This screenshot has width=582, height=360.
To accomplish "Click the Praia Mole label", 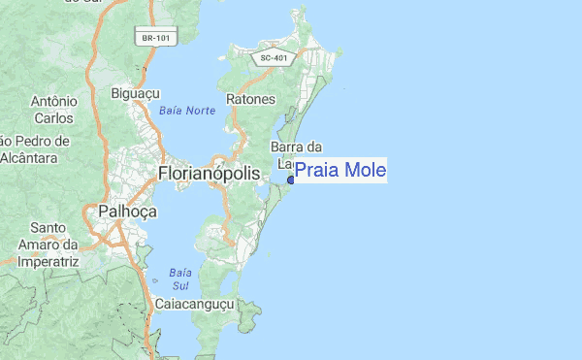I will pyautogui.click(x=339, y=172).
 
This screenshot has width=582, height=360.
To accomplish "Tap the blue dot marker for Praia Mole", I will pyautogui.click(x=291, y=180).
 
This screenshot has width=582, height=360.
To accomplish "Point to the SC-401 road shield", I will pyautogui.click(x=273, y=58).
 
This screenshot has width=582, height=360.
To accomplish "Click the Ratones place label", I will pyautogui.click(x=251, y=100).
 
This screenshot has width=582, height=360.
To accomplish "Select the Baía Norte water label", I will pyautogui.click(x=186, y=112).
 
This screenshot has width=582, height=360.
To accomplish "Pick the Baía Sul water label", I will pyautogui.click(x=179, y=278).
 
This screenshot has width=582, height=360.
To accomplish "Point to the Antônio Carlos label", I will pyautogui.click(x=53, y=110).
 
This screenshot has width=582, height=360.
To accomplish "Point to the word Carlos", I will pyautogui.click(x=53, y=118).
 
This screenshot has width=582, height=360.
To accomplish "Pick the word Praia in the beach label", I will pyautogui.click(x=316, y=172).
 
